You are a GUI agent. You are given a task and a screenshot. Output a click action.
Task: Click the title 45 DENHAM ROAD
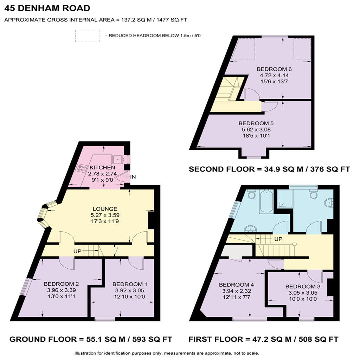click(x=47, y=8)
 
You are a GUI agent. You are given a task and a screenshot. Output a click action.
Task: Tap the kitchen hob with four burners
click(x=82, y=168)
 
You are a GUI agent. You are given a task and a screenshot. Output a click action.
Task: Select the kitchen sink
click(x=117, y=159)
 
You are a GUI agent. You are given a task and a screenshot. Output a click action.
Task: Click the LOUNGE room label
click(x=105, y=209)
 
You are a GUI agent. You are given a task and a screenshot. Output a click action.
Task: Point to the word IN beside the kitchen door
click(x=133, y=177)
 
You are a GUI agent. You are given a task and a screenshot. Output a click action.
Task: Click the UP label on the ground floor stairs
click(x=77, y=251)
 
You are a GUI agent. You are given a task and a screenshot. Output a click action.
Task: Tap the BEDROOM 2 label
click(x=61, y=284)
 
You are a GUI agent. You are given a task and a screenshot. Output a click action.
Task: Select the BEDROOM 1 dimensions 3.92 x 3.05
click(x=130, y=290)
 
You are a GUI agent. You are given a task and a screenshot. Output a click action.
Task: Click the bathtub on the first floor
click(x=266, y=201)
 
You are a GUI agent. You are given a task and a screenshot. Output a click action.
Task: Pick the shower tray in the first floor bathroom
click(x=285, y=199)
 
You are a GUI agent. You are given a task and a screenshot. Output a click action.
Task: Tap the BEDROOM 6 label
click(x=274, y=69)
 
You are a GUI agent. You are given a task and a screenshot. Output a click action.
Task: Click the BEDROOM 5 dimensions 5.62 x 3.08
click(x=256, y=129)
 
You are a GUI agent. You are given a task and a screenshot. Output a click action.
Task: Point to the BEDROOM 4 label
click(x=236, y=285)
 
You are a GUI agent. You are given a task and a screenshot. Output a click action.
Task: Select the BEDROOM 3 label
click(x=303, y=287)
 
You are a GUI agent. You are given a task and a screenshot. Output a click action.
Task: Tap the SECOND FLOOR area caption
click(x=269, y=169)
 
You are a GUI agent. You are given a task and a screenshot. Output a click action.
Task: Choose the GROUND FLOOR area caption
click(x=91, y=339)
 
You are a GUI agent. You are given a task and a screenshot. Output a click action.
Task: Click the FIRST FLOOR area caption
click(x=263, y=339)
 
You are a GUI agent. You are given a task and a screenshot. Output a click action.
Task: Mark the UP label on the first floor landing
click(x=278, y=239)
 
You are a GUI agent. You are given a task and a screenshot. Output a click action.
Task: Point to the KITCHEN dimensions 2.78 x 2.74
click(x=102, y=174)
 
